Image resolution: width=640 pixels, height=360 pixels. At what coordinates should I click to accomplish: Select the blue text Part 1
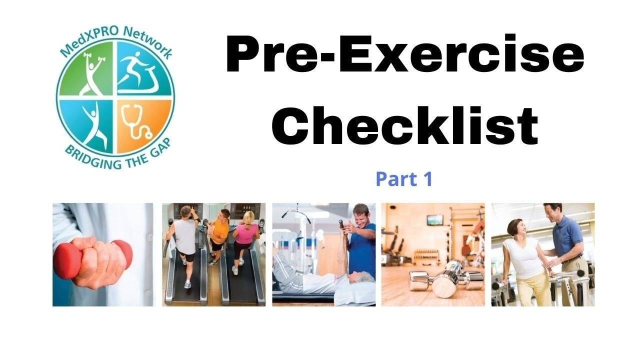[404, 179]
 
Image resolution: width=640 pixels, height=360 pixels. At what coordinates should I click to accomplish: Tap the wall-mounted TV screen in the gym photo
[434, 219]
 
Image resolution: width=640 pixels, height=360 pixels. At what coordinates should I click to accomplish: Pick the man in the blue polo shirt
[567, 240]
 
